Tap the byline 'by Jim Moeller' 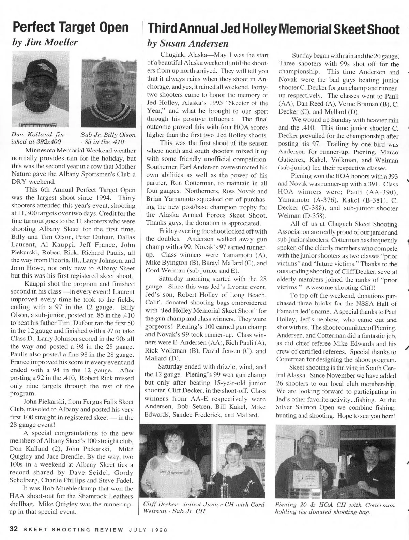[x=45, y=42]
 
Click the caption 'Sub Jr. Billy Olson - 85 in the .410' [x=108, y=138]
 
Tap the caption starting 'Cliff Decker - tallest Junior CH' [x=204, y=508]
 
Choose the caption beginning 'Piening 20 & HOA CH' [x=335, y=508]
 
